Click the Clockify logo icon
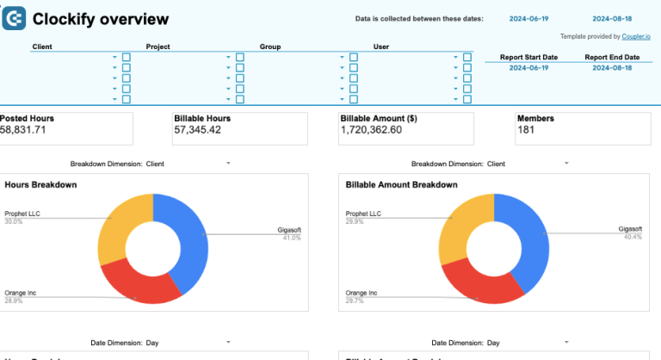(14, 18)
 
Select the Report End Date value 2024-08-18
(612, 67)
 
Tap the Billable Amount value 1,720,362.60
(371, 130)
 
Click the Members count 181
(527, 130)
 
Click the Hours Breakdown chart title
(40, 184)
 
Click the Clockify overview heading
(101, 19)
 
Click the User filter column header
(381, 46)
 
